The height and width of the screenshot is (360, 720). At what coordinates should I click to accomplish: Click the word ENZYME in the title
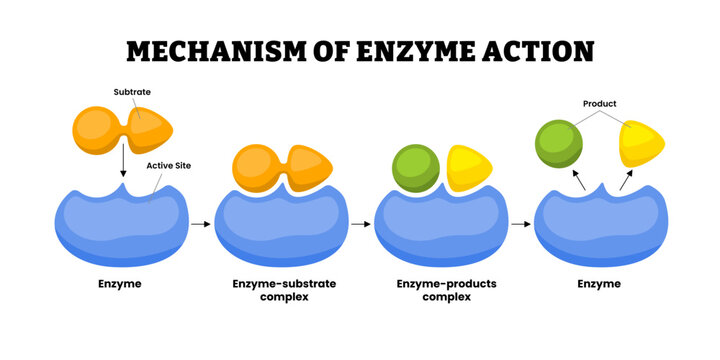pyautogui.click(x=416, y=51)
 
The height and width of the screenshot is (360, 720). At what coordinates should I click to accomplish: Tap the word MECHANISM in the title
pyautogui.click(x=215, y=51)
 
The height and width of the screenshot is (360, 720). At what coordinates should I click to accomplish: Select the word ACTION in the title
pyautogui.click(x=538, y=51)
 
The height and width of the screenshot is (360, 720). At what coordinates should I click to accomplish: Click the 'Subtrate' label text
pyautogui.click(x=132, y=92)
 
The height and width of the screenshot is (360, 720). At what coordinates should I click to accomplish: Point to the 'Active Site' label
pyautogui.click(x=169, y=166)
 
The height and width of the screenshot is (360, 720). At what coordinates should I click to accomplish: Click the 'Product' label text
pyautogui.click(x=600, y=104)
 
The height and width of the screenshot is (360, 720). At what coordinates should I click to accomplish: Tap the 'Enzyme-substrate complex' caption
pyautogui.click(x=284, y=290)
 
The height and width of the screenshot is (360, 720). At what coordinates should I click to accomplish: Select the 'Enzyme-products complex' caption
pyautogui.click(x=446, y=290)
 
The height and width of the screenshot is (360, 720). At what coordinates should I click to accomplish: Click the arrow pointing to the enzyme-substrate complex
pyautogui.click(x=201, y=224)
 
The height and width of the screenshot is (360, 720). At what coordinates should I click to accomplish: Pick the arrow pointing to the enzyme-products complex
pyautogui.click(x=360, y=224)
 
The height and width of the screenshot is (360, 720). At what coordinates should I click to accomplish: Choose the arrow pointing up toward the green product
pyautogui.click(x=579, y=180)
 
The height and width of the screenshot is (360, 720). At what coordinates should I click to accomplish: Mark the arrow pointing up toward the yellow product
pyautogui.click(x=626, y=180)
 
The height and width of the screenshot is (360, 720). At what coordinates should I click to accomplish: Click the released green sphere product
pyautogui.click(x=558, y=144)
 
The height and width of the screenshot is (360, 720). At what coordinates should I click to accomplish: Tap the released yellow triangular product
pyautogui.click(x=641, y=144)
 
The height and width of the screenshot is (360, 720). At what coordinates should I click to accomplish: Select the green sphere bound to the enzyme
pyautogui.click(x=416, y=168)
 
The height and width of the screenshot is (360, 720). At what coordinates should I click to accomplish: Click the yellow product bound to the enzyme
pyautogui.click(x=469, y=168)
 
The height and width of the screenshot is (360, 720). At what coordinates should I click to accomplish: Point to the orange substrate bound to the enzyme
pyautogui.click(x=282, y=168)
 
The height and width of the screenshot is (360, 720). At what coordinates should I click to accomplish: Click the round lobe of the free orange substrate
pyautogui.click(x=96, y=130)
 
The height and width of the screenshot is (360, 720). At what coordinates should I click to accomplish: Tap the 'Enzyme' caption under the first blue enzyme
pyautogui.click(x=120, y=284)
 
